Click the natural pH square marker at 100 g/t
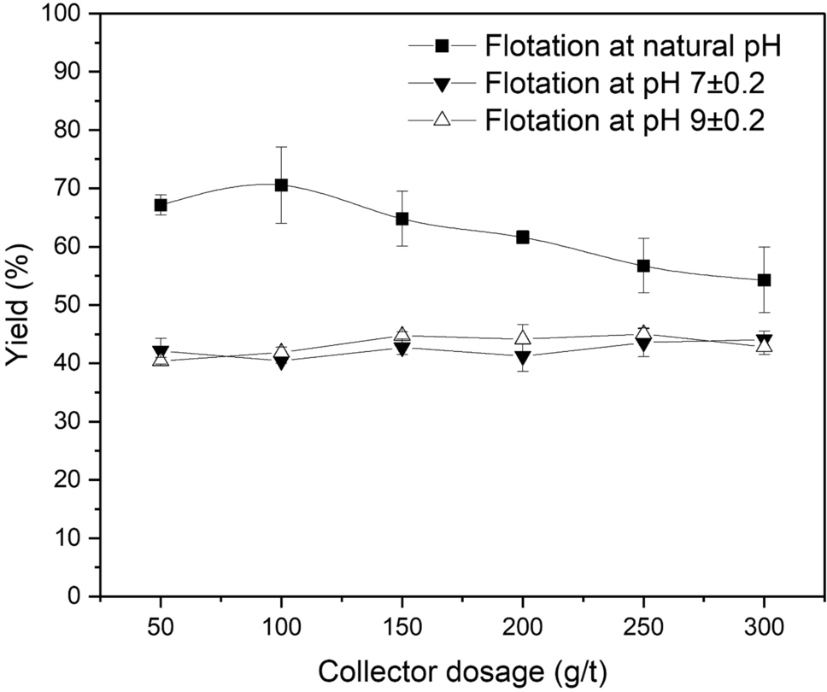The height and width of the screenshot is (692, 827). [281, 185]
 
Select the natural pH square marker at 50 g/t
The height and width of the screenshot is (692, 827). [161, 205]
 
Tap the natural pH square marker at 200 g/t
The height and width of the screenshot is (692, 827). [523, 237]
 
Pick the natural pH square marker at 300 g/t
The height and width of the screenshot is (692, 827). [765, 280]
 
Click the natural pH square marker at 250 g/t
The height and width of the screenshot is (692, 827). [643, 266]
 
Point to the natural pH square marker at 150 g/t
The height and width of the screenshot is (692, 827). [402, 219]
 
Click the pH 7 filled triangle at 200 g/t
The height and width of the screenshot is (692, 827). [523, 357]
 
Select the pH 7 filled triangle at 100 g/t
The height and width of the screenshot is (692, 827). [281, 362]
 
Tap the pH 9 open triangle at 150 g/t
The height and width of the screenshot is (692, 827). [402, 335]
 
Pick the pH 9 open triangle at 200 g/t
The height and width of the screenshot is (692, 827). [523, 337]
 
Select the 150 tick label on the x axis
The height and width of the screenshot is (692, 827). [402, 627]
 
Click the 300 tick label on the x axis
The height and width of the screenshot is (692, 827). [765, 627]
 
